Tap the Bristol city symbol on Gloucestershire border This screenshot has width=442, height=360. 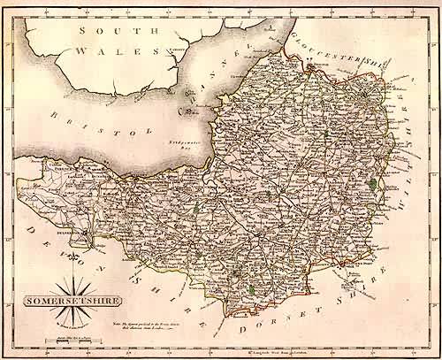click(313, 65)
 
